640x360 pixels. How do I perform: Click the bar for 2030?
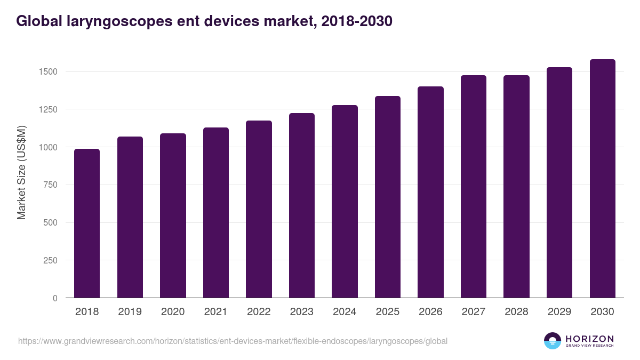(602, 179)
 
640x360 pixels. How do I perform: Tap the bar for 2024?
(345, 202)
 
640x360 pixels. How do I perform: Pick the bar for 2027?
(474, 187)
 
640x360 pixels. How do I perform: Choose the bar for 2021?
(216, 213)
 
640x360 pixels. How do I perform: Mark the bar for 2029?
(559, 182)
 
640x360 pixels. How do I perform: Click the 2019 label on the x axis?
(130, 312)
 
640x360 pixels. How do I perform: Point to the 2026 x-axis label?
(430, 312)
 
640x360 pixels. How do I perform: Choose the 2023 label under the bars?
(301, 312)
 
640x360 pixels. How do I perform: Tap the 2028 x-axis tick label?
(516, 312)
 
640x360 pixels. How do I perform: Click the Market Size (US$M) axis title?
(21, 172)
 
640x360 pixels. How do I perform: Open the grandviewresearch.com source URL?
(233, 341)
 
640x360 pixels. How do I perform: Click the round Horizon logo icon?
(552, 341)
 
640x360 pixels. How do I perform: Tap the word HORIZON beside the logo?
(589, 339)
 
